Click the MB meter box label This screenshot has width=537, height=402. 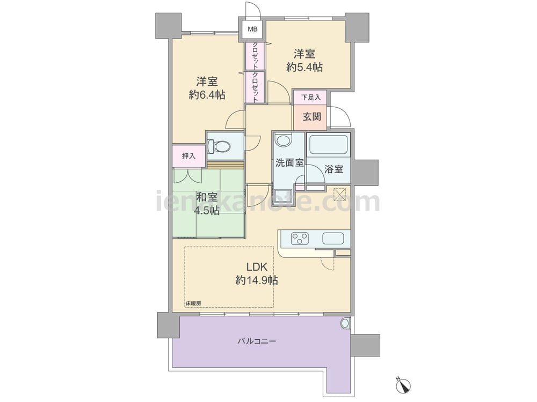click(252, 29)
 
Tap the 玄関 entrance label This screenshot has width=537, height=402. click(311, 117)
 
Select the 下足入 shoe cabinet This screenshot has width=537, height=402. click(310, 98)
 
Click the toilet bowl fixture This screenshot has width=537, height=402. click(219, 147)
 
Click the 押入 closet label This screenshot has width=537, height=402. click(188, 156)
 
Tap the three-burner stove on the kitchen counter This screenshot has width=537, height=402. click(300, 239)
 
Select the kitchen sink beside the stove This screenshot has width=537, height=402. click(333, 239)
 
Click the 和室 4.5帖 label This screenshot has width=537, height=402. click(207, 204)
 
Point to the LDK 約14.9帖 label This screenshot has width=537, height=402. click(257, 274)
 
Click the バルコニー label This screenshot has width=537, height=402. click(257, 341)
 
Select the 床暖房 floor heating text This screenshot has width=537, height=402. click(193, 303)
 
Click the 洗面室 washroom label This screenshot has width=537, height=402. click(290, 163)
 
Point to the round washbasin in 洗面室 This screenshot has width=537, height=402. click(283, 140)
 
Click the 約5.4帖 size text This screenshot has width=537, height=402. click(304, 67)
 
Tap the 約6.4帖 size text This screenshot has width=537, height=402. click(207, 95)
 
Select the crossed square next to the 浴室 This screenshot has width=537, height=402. click(340, 195)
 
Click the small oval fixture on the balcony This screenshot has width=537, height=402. click(345, 323)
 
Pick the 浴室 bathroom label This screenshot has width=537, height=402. click(334, 169)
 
